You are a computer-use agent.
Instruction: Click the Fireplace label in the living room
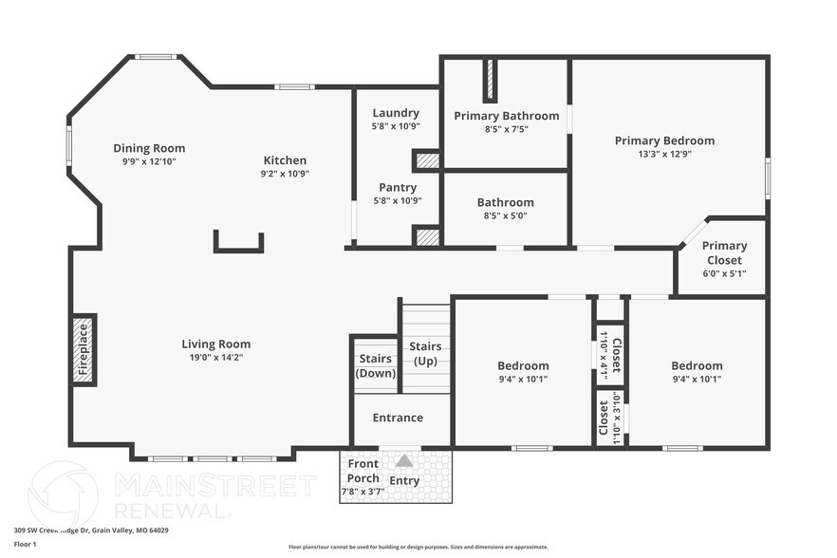click(83, 350)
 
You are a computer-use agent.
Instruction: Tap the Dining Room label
click(149, 148)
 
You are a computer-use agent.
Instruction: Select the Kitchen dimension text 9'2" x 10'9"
click(285, 174)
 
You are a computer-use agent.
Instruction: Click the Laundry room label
click(396, 113)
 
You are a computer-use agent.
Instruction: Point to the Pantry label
click(398, 188)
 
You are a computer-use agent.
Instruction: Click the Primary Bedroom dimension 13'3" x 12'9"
click(664, 154)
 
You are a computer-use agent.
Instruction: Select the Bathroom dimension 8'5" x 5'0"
click(505, 215)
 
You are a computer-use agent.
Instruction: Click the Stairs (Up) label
click(425, 353)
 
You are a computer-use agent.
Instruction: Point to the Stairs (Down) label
click(376, 365)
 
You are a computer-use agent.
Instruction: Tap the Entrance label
click(398, 418)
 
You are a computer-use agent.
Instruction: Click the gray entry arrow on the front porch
click(404, 460)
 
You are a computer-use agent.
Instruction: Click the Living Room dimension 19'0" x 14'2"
click(216, 358)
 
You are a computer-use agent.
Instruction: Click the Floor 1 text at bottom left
click(25, 544)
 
